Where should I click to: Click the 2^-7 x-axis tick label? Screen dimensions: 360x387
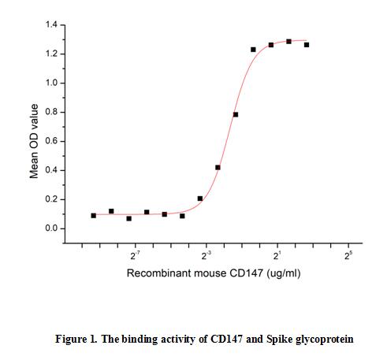pyautogui.click(x=135, y=257)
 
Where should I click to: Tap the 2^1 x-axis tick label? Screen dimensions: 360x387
pyautogui.click(x=277, y=257)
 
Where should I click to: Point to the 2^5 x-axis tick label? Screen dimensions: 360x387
pyautogui.click(x=348, y=257)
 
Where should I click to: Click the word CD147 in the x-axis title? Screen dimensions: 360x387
pyautogui.click(x=234, y=273)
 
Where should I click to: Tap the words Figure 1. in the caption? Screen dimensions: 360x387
pyautogui.click(x=74, y=340)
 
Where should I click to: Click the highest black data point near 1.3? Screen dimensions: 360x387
pyautogui.click(x=288, y=41)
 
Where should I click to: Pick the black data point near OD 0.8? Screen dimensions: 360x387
pyautogui.click(x=236, y=115)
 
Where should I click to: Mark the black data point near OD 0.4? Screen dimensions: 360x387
pyautogui.click(x=218, y=167)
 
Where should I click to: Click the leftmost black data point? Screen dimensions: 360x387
pyautogui.click(x=94, y=215)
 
